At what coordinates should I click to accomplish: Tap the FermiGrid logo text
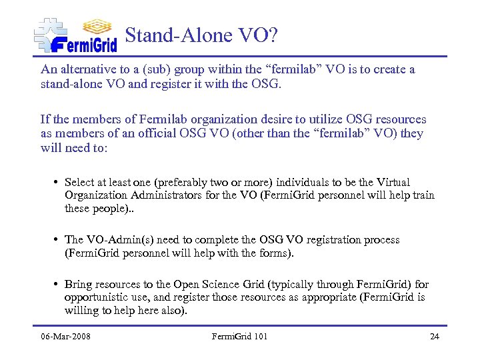coord(83,44)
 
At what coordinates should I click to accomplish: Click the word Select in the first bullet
coord(79,182)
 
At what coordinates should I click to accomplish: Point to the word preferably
coord(177,182)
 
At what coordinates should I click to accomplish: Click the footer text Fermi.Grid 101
coord(239,336)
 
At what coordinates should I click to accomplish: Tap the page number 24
coord(434,336)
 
